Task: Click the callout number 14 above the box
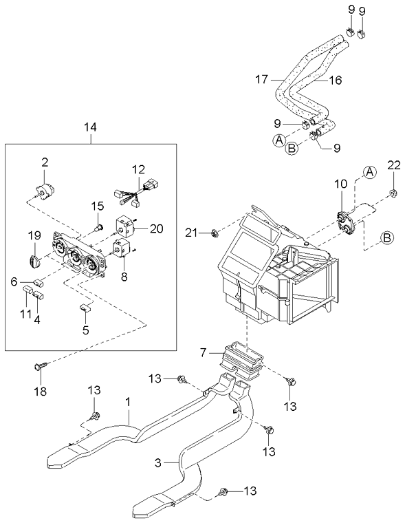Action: point(91,127)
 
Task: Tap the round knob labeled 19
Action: point(35,260)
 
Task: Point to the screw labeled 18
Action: point(40,367)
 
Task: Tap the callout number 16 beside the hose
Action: point(335,80)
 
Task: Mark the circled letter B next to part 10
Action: point(387,238)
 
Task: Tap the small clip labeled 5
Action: point(85,308)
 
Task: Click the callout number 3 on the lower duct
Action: point(157,463)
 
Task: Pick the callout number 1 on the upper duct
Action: point(128,399)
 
